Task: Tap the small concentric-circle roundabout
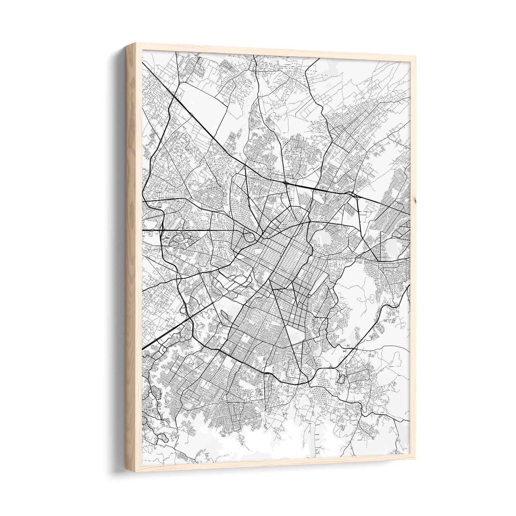pos(181,338)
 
